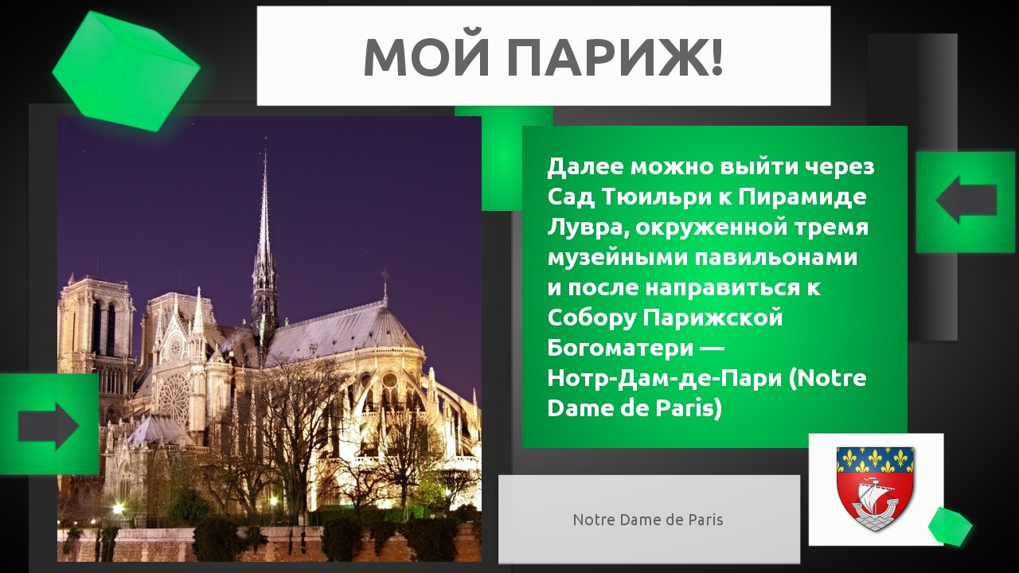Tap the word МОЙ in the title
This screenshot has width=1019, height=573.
click(428, 58)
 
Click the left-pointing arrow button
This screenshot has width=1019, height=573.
click(966, 200)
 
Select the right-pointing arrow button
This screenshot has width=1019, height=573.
click(49, 426)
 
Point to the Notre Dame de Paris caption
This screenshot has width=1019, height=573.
click(648, 520)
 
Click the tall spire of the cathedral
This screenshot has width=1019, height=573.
click(265, 236)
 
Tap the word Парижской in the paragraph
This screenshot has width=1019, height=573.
click(713, 318)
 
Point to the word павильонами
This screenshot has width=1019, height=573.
click(776, 258)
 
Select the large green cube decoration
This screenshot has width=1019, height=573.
click(126, 72)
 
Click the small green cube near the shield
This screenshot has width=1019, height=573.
click(950, 527)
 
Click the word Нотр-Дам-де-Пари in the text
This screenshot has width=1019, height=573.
click(665, 378)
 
